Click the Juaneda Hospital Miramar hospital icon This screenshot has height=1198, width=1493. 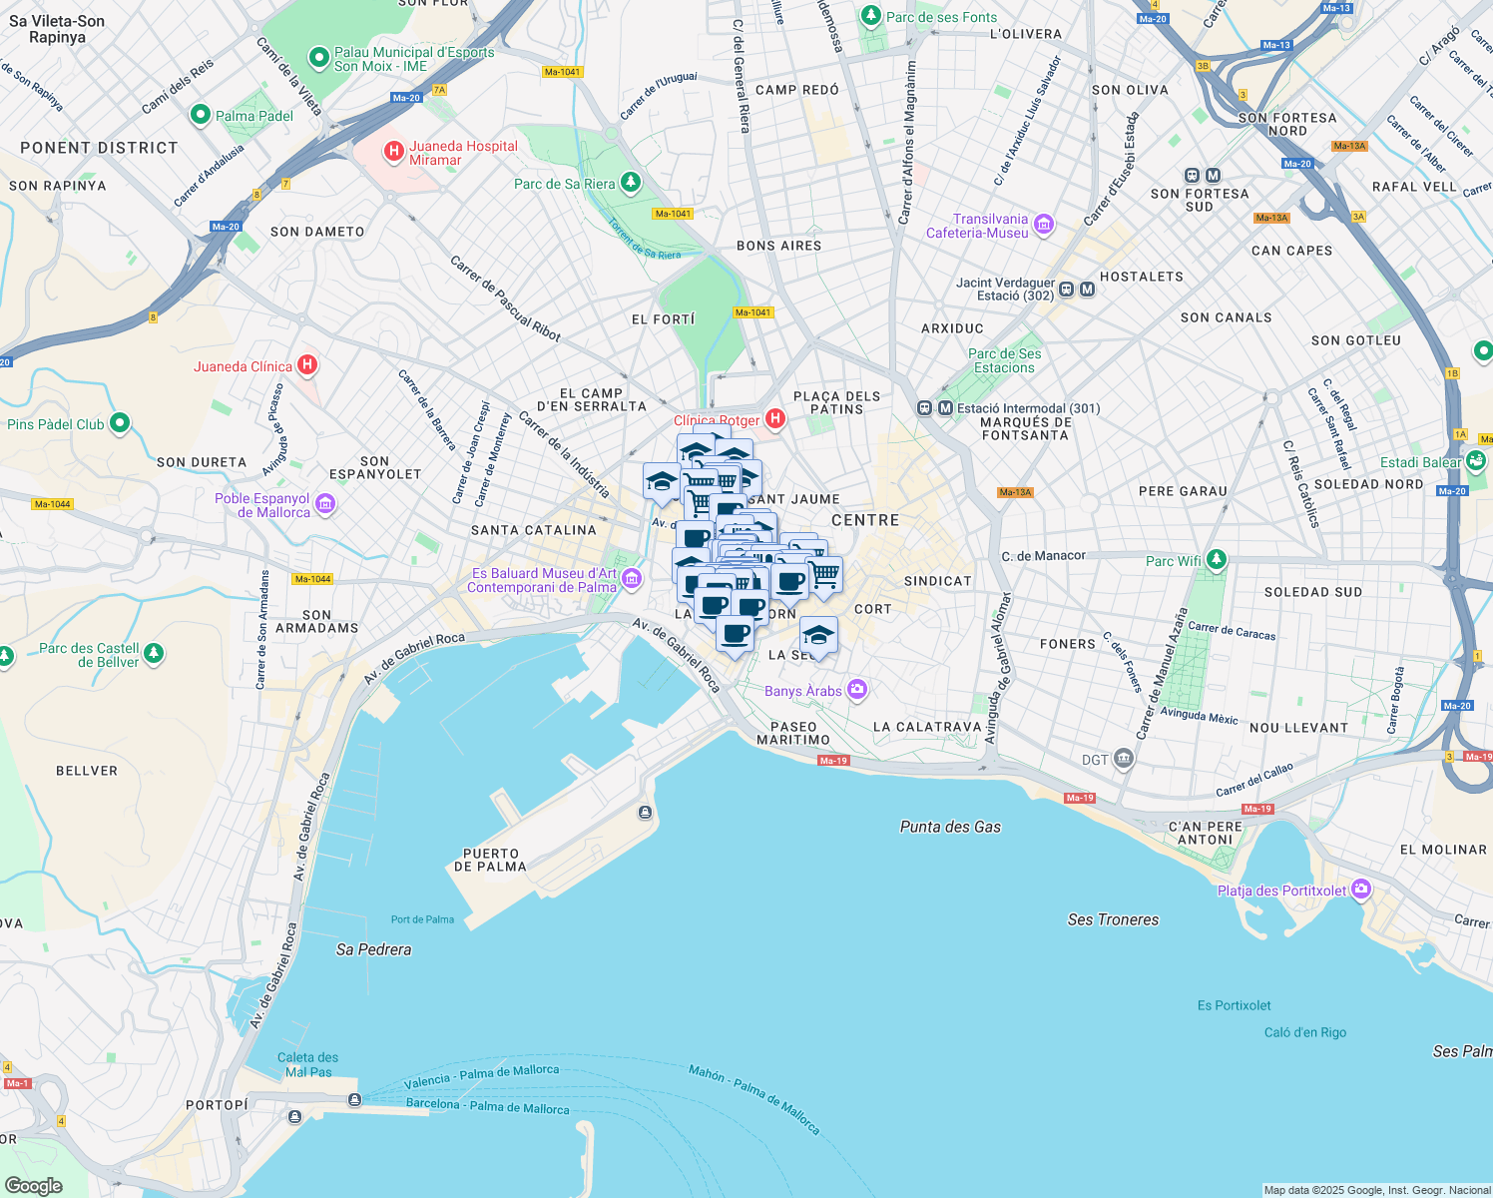tap(394, 152)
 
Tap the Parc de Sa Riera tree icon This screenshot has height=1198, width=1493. tap(630, 183)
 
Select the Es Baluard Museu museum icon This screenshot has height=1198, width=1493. tap(631, 579)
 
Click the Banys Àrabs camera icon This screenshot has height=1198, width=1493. tap(856, 690)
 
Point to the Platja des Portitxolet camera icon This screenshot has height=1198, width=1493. tap(1362, 890)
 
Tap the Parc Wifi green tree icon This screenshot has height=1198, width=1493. tap(1216, 560)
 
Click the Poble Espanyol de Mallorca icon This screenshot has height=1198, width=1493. tap(325, 504)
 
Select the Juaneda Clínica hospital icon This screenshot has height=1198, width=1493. tap(307, 365)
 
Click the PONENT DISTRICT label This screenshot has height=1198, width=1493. tap(99, 148)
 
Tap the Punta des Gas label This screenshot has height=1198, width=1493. tap(950, 827)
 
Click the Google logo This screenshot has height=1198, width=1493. tap(33, 1185)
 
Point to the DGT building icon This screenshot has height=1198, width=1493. tap(1124, 759)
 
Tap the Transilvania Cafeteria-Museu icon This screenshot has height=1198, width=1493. tap(1044, 225)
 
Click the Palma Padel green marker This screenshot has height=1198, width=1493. tap(200, 116)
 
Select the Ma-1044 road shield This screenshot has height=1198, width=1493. tap(52, 504)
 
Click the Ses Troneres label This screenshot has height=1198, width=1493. tap(1113, 919)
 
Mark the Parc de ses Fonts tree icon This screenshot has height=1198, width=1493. tap(871, 16)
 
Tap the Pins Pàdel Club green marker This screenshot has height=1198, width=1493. tap(120, 423)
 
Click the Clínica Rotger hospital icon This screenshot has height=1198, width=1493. tap(774, 419)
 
